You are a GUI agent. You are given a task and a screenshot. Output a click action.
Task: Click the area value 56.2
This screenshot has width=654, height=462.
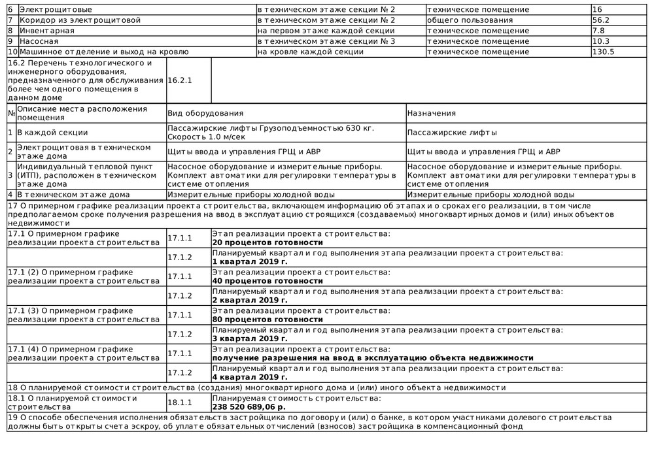click(x=600, y=20)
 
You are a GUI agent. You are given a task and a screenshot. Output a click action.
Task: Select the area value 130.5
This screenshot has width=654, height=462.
click(x=602, y=52)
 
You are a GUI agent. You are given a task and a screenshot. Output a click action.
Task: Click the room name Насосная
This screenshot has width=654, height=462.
click(x=39, y=41)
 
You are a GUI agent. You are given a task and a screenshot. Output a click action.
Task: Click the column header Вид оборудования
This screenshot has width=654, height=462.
click(x=205, y=113)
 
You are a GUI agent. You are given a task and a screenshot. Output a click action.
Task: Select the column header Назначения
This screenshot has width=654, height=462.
click(x=431, y=113)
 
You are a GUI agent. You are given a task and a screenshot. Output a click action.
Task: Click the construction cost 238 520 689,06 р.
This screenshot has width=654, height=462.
click(x=249, y=406)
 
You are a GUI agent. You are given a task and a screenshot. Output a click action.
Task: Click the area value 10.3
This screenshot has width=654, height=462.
click(x=600, y=41)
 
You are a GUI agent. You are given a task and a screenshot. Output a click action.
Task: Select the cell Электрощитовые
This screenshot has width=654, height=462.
click(x=56, y=10)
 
